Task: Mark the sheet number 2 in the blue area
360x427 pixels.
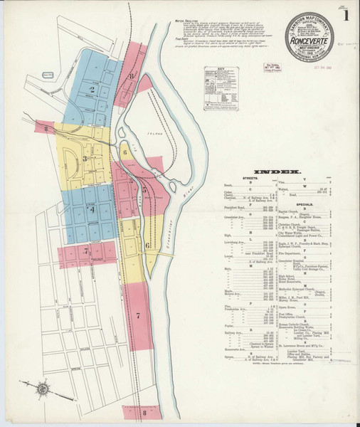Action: click(91, 90)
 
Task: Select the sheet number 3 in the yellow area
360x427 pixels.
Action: click(85, 159)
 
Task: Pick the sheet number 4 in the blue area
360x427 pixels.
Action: click(90, 210)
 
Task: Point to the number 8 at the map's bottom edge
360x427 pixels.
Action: click(144, 412)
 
